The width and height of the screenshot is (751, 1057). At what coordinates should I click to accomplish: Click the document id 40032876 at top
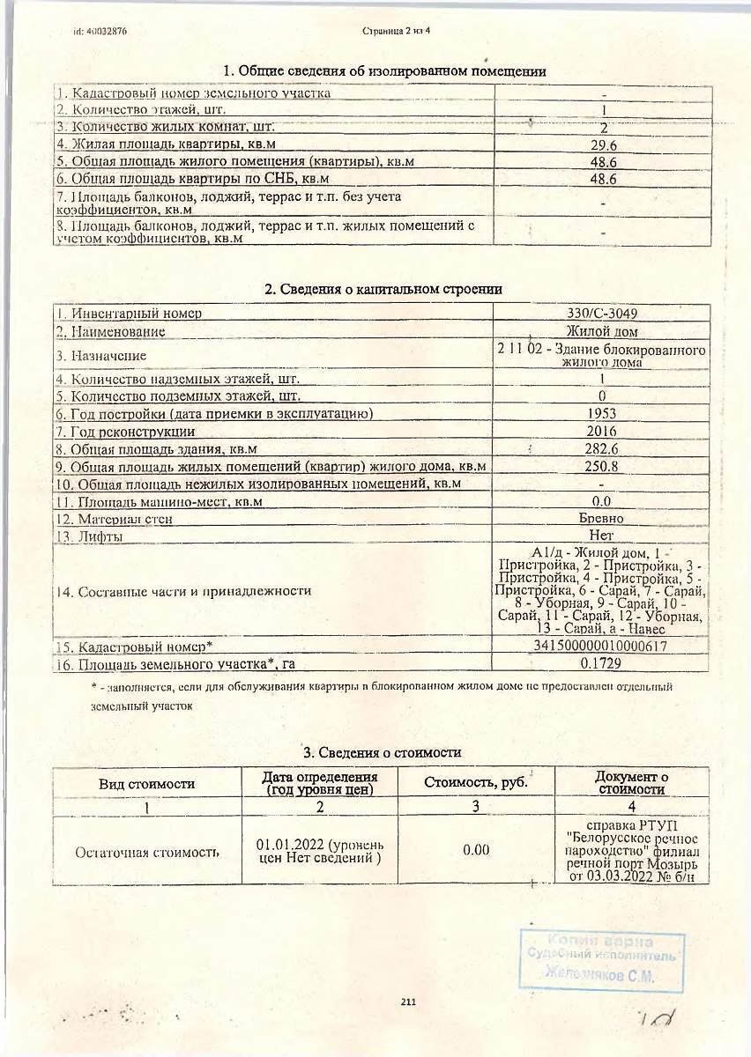[100, 31]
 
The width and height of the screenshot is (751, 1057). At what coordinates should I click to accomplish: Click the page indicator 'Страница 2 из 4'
[401, 31]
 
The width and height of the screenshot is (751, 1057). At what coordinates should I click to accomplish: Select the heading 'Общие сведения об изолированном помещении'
[384, 71]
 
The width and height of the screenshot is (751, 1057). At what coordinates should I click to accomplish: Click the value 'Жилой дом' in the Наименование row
[603, 331]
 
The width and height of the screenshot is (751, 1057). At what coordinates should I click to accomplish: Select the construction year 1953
[603, 413]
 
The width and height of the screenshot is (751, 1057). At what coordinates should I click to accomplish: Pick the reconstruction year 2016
[603, 432]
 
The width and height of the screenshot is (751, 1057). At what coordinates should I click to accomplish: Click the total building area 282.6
[603, 449]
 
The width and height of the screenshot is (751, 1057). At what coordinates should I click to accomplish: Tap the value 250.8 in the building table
[603, 466]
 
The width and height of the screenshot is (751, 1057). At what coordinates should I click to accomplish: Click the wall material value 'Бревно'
[603, 519]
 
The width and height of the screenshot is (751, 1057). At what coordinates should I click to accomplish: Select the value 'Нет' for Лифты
[603, 536]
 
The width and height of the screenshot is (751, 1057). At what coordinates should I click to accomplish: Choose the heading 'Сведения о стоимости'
[383, 752]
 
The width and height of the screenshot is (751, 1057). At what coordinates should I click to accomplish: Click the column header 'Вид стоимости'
[146, 783]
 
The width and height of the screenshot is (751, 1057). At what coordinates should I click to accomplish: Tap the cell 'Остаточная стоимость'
[146, 852]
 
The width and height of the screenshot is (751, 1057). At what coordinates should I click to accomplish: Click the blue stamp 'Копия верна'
[601, 942]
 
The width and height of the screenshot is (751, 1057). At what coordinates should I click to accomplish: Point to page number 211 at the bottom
[407, 1002]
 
